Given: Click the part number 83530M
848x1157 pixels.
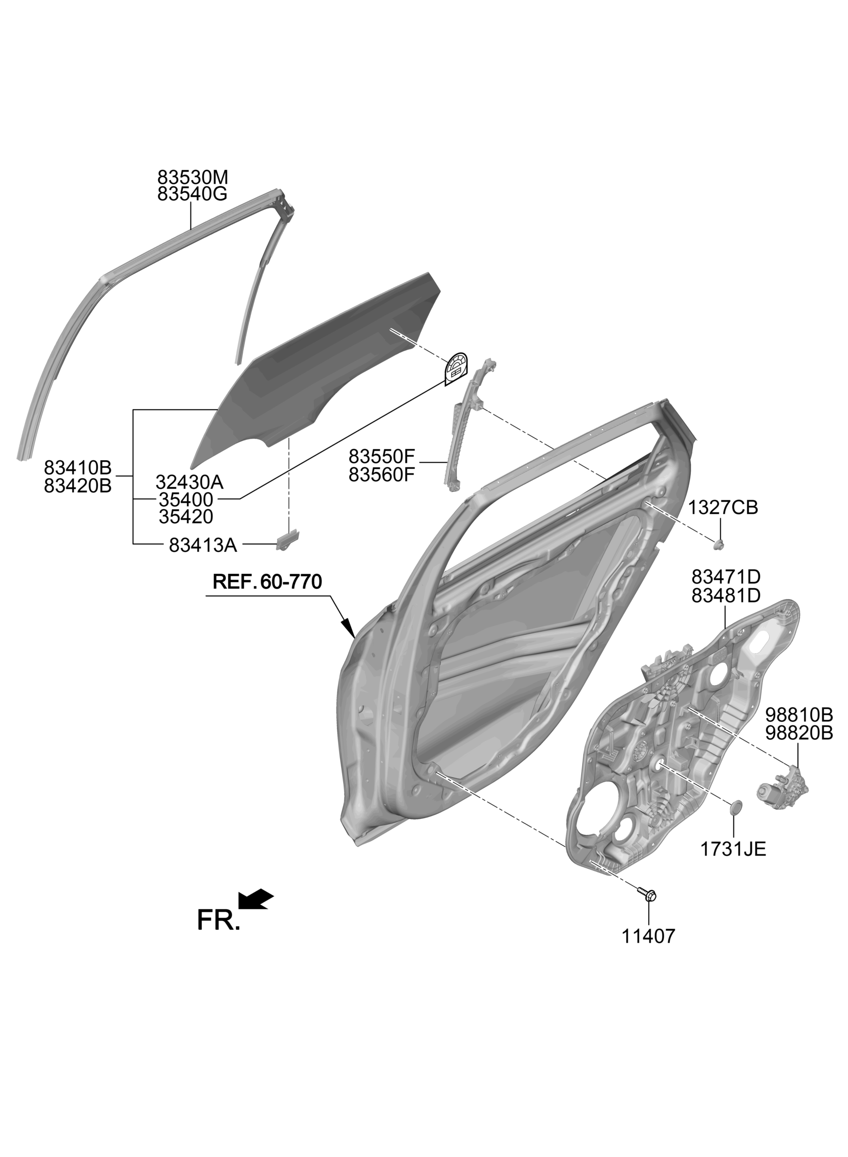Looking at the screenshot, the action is click(193, 178).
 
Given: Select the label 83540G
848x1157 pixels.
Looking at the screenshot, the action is click(193, 195).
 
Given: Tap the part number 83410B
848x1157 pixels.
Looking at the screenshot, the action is click(77, 467).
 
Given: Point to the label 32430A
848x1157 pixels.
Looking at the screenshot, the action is click(189, 482).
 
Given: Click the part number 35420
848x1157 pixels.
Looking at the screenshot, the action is click(186, 517).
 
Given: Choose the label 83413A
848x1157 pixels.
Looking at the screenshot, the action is click(203, 545).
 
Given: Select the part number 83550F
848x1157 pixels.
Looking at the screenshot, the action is click(381, 456).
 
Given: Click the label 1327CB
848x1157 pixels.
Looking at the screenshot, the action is click(723, 507).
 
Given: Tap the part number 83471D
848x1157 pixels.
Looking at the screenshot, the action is click(726, 577).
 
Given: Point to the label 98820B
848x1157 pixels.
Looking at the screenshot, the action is click(799, 733).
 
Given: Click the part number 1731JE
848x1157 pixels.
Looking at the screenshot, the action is click(733, 849).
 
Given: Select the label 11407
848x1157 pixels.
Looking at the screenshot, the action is click(648, 936).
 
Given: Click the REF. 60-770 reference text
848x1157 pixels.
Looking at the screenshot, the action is click(267, 582).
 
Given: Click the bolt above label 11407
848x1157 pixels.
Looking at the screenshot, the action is click(648, 894).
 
